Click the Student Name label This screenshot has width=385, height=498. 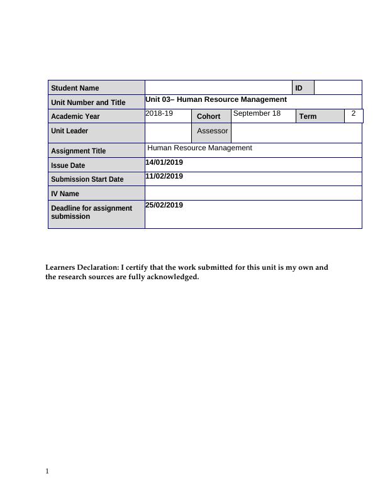[75, 88]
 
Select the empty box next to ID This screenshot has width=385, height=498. [338, 87]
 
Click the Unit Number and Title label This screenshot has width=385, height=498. [88, 102]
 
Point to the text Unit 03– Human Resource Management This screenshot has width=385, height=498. [216, 99]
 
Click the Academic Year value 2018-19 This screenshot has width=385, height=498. [159, 113]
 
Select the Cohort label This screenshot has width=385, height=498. [209, 116]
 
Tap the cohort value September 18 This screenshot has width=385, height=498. [257, 113]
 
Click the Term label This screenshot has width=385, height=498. [308, 116]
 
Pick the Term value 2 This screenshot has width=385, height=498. [354, 113]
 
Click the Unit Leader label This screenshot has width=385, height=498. [70, 131]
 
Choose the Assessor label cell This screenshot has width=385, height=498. [212, 131]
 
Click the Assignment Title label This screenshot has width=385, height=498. [79, 151]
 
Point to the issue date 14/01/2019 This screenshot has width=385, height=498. [164, 162]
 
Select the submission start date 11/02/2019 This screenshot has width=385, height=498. [164, 176]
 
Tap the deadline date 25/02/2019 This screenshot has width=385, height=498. [164, 205]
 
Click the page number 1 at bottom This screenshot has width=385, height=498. [47, 471]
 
